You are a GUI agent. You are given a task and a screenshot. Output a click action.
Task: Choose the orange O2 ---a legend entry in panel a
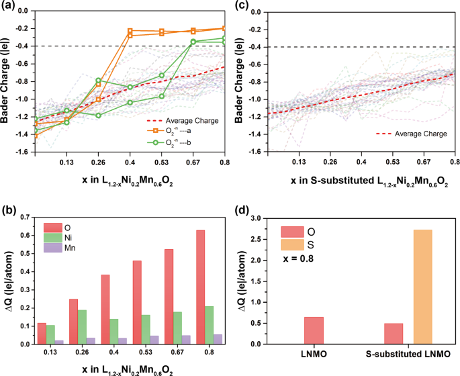click(178, 132)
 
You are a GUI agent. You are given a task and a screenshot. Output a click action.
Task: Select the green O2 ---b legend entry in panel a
click(178, 142)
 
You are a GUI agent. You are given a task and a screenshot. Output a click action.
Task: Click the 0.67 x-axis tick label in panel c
click(424, 162)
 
